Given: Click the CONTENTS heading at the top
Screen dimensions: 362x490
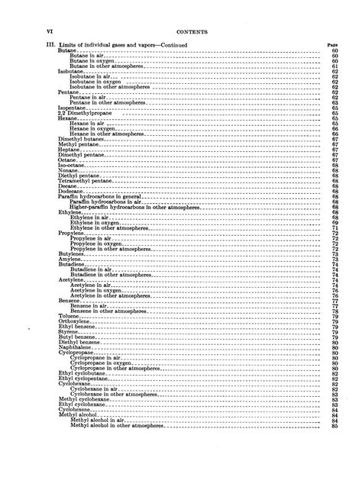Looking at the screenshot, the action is pyautogui.click(x=188, y=31).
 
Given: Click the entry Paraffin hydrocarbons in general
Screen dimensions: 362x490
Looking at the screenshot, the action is pyautogui.click(x=95, y=195).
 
